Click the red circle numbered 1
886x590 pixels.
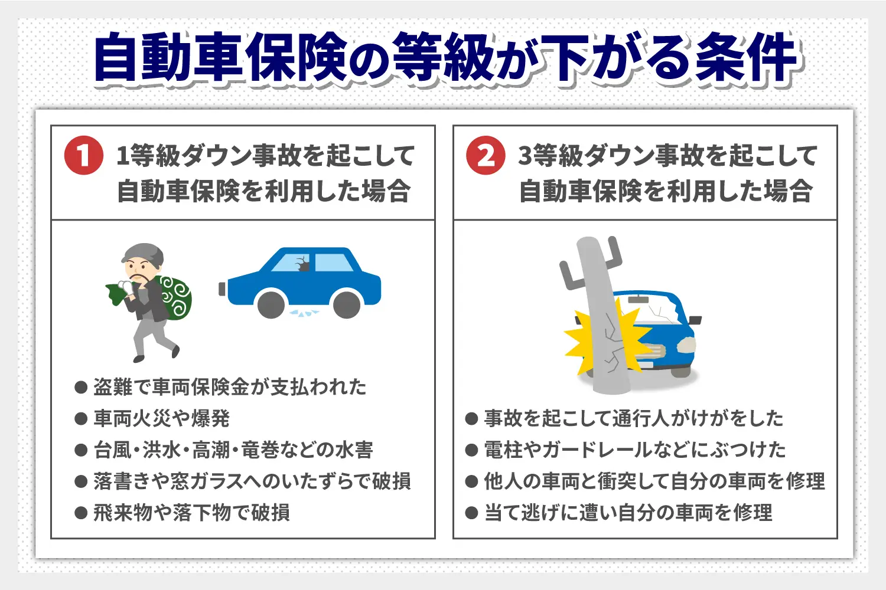point(83,156)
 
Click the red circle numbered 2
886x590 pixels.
point(486,156)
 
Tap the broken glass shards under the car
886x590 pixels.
point(305,313)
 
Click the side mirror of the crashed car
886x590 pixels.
point(695,321)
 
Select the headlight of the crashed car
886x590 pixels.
point(685,345)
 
